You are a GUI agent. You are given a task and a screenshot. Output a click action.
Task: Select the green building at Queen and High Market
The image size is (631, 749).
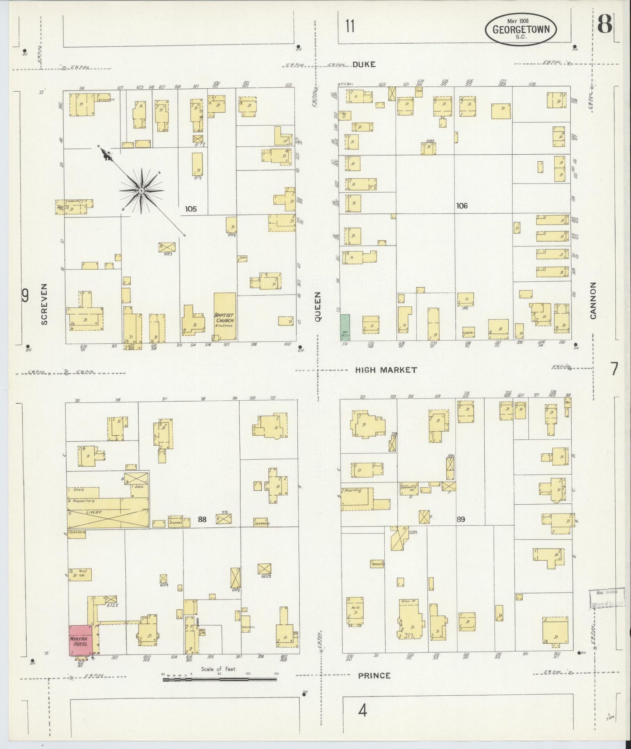[x=345, y=327]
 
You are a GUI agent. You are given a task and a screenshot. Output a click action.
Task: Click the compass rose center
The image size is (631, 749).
[x=141, y=191]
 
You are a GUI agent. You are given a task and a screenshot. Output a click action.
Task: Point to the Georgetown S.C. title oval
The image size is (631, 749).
[x=521, y=29]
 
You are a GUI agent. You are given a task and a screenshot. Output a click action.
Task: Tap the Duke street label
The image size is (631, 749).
[x=364, y=64]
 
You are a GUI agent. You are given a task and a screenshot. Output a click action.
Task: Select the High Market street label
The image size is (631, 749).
[x=386, y=370]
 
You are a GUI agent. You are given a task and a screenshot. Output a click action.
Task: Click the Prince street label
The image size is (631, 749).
[x=374, y=675]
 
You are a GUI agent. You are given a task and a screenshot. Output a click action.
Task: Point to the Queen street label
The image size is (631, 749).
[x=318, y=307]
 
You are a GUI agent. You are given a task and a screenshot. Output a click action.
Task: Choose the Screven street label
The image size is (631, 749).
[x=44, y=304]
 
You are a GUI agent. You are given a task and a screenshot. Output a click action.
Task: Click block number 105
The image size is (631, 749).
[x=190, y=209]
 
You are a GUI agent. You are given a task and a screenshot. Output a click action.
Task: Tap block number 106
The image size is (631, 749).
[x=462, y=205]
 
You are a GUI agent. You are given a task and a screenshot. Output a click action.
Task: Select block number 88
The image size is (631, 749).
[x=202, y=519]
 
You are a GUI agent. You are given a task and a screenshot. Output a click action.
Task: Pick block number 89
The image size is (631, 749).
[x=461, y=519]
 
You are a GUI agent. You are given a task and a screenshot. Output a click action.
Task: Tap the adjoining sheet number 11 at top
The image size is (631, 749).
[x=349, y=27]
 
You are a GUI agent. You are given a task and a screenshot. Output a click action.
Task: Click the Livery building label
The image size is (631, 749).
[x=94, y=512]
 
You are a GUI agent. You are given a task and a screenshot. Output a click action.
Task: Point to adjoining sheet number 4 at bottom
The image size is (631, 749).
[x=362, y=711]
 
